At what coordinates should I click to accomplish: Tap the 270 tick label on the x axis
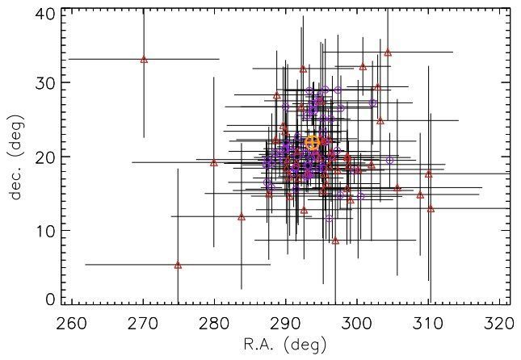coord(143,324)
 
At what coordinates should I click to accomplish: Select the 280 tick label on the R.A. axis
coord(214,324)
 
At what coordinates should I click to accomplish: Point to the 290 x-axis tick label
coord(285,324)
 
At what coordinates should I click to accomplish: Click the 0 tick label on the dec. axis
coord(51,299)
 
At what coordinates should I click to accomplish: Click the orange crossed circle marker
coord(313,142)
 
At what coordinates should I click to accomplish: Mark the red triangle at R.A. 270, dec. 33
coord(144,59)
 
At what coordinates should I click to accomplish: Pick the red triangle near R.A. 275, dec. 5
coord(178,265)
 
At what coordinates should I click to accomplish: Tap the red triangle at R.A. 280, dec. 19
coord(214,162)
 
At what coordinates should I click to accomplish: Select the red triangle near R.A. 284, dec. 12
coord(242,216)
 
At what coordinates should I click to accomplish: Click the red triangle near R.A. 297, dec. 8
coord(335,240)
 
